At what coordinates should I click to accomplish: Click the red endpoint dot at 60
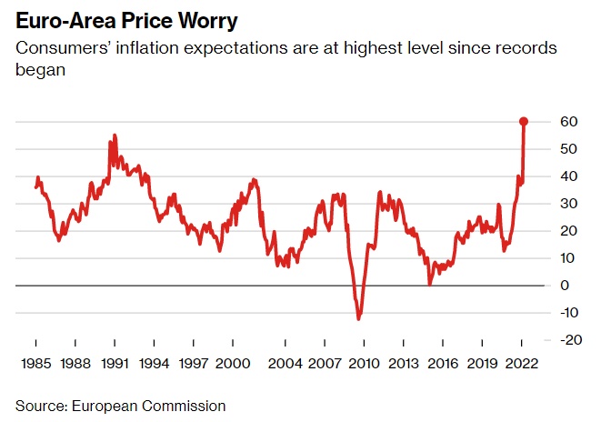click(x=524, y=121)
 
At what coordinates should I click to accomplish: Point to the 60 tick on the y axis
click(x=568, y=122)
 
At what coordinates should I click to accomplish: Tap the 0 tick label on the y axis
click(x=565, y=286)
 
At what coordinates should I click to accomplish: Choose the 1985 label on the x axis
click(x=36, y=363)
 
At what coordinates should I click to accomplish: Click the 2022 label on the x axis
click(x=522, y=363)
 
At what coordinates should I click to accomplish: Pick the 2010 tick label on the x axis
click(x=364, y=363)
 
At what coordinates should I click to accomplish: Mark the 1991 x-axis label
click(x=115, y=363)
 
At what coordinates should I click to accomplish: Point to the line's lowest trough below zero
click(x=359, y=318)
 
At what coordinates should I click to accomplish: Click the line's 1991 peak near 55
click(x=115, y=136)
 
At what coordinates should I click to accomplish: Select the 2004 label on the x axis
click(x=285, y=363)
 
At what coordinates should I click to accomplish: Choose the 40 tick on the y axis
click(x=568, y=176)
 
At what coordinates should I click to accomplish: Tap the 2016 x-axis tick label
click(x=443, y=363)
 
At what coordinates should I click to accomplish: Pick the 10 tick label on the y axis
click(x=568, y=258)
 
